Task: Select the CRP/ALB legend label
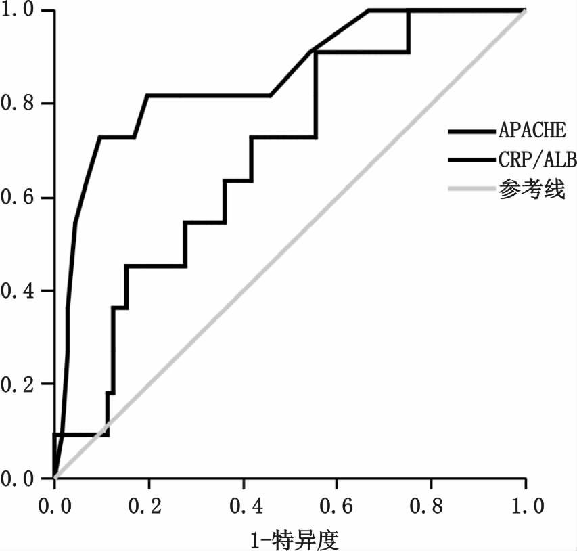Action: (x=536, y=160)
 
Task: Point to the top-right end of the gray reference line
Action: (x=525, y=11)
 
